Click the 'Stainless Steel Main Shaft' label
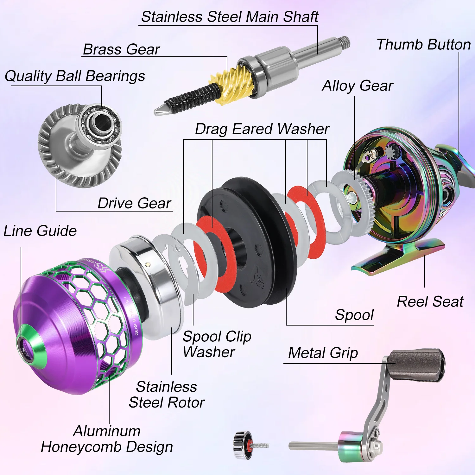[230, 17]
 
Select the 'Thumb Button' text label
[423, 44]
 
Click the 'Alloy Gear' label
[358, 86]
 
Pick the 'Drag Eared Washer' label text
[262, 129]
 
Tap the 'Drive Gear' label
[134, 203]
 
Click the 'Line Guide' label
[40, 231]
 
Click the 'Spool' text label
[354, 315]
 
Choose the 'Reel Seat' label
[430, 301]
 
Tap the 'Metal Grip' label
[323, 353]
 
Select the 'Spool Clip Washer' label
[217, 344]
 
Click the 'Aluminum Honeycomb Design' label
[107, 439]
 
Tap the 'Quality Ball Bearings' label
[75, 76]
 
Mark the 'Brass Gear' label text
[121, 49]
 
